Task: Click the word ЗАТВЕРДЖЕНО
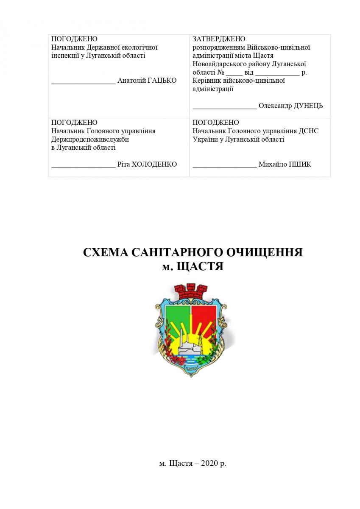click(219, 39)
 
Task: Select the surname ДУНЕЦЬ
click(308, 106)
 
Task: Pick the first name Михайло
click(271, 164)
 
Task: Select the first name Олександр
click(275, 106)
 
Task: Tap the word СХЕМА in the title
click(106, 252)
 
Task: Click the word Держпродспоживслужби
click(90, 139)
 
